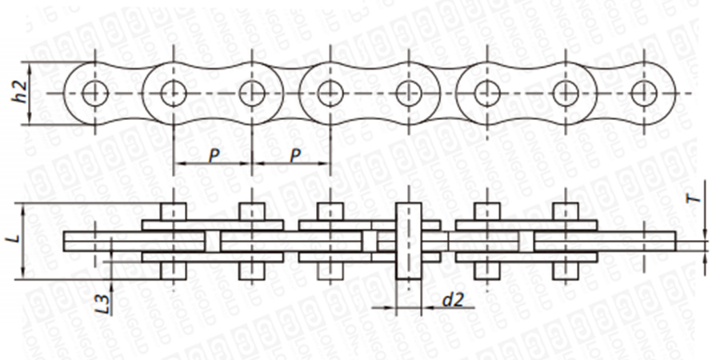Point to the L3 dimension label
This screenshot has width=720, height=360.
101,300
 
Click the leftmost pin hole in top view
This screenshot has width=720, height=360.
95,94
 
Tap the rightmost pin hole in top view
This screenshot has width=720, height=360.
644,94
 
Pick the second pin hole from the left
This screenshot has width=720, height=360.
174,94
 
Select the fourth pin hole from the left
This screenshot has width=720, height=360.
330,94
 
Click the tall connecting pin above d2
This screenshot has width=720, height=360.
409,240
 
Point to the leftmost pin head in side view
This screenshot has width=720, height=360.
174,212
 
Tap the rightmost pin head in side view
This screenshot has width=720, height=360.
566,212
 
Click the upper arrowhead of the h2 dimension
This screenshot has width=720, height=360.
30,66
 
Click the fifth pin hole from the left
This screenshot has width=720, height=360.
409,94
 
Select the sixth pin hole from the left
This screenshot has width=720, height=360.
487,94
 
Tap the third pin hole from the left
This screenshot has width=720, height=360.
252,94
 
